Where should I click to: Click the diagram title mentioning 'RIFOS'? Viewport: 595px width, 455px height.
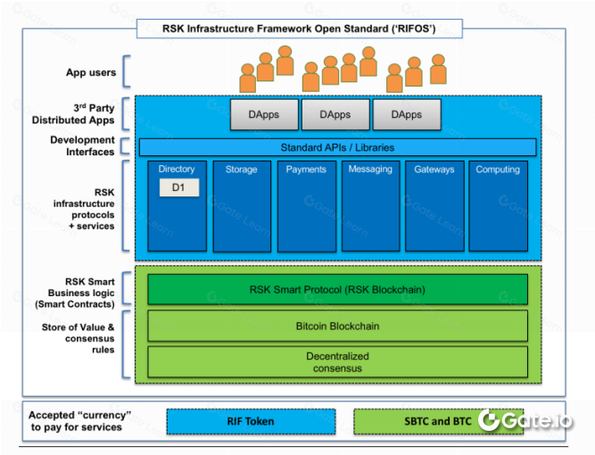[299, 29]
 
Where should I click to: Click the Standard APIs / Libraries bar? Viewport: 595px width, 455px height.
[337, 147]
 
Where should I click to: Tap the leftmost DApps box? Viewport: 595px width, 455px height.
[263, 115]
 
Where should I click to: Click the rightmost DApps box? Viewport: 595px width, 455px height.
[407, 115]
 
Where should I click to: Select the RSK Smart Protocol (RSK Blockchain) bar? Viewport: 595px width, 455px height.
[337, 289]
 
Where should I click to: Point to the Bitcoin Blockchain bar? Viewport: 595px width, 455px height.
[337, 326]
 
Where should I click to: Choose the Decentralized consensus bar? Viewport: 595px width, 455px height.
[337, 360]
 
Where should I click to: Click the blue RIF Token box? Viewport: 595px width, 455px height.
[250, 421]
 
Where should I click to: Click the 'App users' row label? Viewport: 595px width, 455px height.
[88, 73]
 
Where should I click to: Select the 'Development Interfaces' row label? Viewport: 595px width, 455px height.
[82, 146]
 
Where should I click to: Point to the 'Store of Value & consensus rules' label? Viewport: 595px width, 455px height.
[79, 338]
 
